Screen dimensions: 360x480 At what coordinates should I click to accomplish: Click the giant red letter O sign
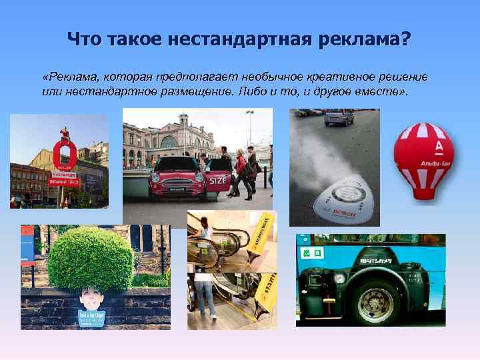point(65,158)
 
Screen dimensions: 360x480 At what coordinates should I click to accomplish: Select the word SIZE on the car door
point(218,180)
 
